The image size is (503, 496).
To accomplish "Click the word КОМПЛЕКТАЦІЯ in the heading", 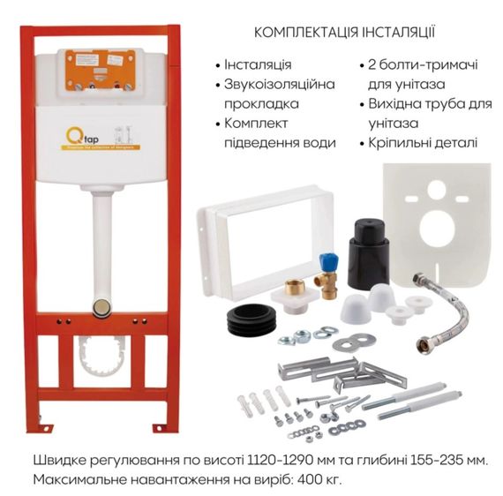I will (303, 32).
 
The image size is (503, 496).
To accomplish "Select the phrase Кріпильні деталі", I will (424, 141).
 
